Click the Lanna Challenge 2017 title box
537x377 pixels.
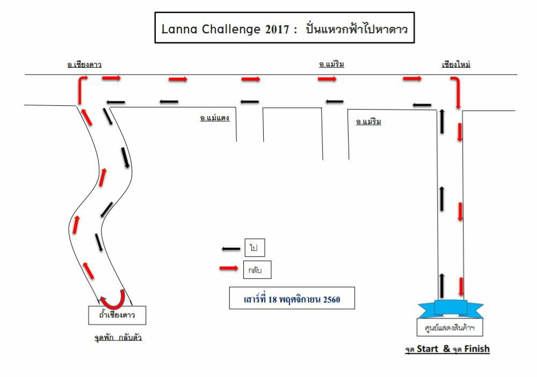tap(285, 28)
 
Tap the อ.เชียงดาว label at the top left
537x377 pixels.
tap(84, 64)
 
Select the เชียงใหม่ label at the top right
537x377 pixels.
tap(456, 64)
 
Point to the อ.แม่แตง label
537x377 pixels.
tap(215, 118)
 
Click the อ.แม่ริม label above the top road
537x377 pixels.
tap(331, 64)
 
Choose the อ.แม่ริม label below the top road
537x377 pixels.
tap(368, 121)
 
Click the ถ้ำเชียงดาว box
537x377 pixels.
tap(117, 315)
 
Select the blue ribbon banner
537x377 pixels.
tap(451, 309)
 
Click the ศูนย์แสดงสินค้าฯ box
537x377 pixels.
tap(449, 328)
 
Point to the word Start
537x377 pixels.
tap(427, 349)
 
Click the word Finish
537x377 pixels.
tap(477, 349)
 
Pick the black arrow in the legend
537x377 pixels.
tap(231, 249)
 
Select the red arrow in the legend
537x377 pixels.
tap(229, 268)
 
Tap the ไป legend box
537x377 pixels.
tap(255, 248)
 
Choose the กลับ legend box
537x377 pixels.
tap(257, 270)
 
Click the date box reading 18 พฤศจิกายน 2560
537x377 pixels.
tap(292, 298)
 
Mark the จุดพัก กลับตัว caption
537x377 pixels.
tap(118, 338)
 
